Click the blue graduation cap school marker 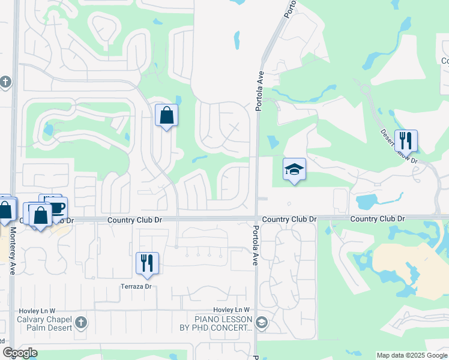pos(294,169)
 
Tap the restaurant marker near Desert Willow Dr pos(406,141)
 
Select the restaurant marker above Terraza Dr pos(147,263)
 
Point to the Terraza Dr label pos(136,286)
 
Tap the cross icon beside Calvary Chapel pos(81,323)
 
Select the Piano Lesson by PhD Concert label pos(222,323)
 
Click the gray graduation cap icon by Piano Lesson pos(261,323)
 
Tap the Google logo pos(20,352)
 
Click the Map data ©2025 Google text pos(412,355)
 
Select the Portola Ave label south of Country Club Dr pos(256,246)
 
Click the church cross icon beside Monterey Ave pos(5,82)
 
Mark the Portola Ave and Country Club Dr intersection pos(256,218)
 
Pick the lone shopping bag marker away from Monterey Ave pos(166,116)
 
